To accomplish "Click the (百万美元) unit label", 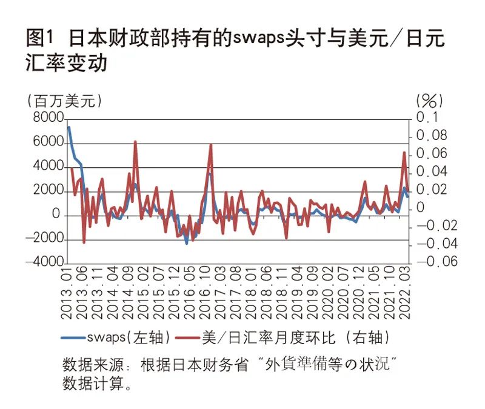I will (x=62, y=101).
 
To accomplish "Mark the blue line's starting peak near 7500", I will (x=69, y=127).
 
